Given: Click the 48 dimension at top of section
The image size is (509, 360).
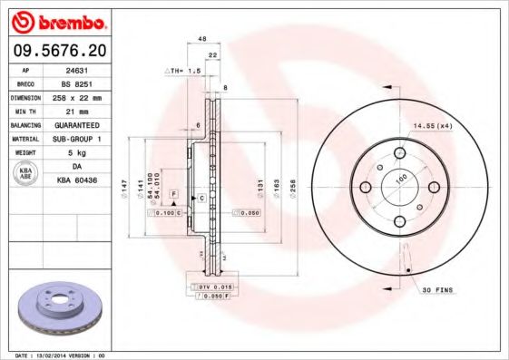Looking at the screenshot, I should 202,39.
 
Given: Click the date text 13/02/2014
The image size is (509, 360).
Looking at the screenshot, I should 62,355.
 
